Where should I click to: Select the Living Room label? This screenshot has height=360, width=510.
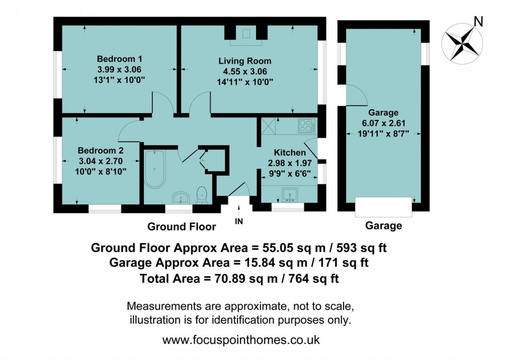(x=245, y=61)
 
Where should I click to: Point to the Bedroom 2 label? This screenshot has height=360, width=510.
(x=101, y=150)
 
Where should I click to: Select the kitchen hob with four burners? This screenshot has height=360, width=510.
(x=305, y=125)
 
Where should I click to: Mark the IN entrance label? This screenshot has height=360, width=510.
(x=239, y=222)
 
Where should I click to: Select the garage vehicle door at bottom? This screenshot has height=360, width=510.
(x=383, y=207)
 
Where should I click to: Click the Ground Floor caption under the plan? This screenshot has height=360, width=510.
(x=181, y=227)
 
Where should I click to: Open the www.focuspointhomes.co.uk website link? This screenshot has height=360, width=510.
(x=241, y=341)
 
